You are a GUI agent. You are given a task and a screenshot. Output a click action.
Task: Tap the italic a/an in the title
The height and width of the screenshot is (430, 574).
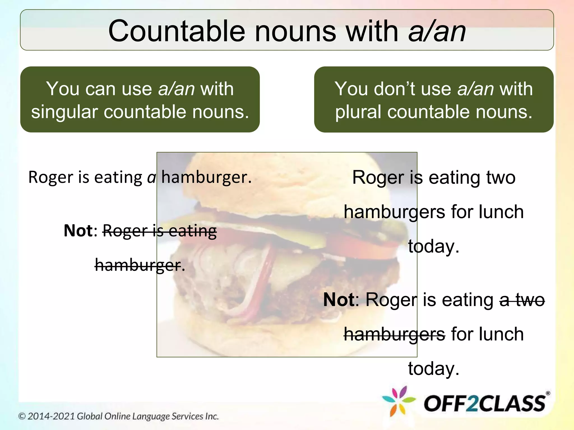[x=437, y=31]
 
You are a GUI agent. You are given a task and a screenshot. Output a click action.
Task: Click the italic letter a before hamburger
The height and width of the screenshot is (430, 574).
[x=152, y=177]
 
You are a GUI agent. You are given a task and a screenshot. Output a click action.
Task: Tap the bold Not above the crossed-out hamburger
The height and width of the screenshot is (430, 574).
[x=78, y=231]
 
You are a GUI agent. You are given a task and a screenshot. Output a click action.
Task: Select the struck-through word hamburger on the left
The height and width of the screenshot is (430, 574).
[x=138, y=265]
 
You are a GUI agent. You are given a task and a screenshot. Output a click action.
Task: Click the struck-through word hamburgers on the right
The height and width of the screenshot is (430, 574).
[x=394, y=334]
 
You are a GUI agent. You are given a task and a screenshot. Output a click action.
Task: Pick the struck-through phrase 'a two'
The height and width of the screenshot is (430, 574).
[x=522, y=300]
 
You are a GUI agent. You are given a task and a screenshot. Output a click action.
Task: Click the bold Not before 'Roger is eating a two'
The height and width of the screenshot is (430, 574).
[x=339, y=300]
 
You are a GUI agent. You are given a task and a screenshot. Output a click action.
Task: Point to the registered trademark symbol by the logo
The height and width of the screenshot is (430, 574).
[x=548, y=393]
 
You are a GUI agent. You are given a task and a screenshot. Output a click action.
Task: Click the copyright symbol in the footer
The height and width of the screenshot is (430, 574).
[x=22, y=416]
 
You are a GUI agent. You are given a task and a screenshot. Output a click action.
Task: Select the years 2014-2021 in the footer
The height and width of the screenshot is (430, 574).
[x=51, y=416]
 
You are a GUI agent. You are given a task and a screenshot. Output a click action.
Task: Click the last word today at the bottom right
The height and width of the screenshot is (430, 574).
[x=434, y=368]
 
